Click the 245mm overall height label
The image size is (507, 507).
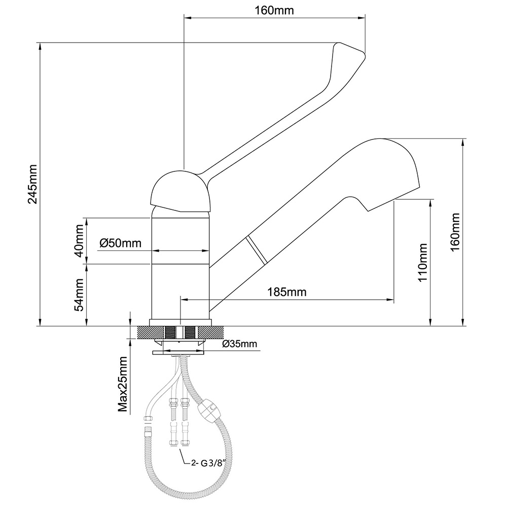point(33,184)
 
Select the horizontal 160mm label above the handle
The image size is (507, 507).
point(274,11)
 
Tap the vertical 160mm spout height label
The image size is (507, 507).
point(455,232)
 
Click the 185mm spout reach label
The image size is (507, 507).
point(287,292)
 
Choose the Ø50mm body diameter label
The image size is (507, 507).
point(120,243)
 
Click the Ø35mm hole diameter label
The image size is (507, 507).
point(240,344)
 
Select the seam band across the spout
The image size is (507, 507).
point(256,249)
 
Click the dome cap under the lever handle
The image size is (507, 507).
point(180,192)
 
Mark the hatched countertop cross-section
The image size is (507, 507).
point(147,333)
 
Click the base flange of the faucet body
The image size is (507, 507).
point(180,321)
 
